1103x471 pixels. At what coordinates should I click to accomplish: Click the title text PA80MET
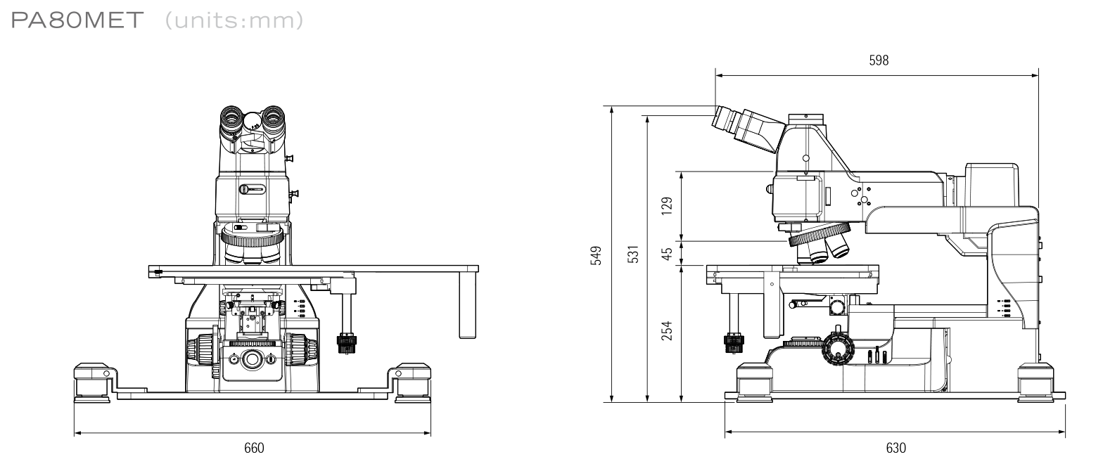(77, 20)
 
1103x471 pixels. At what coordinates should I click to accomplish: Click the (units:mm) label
(234, 21)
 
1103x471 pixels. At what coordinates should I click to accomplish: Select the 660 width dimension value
(254, 448)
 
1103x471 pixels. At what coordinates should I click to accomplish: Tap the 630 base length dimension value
(895, 448)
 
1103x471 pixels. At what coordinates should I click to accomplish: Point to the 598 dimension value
(879, 60)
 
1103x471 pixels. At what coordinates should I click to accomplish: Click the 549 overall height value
(597, 256)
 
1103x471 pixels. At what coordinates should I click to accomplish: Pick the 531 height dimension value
(633, 254)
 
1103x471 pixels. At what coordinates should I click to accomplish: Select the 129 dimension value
(667, 206)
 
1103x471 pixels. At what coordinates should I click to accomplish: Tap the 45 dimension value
(667, 254)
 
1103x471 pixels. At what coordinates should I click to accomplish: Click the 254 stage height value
(667, 330)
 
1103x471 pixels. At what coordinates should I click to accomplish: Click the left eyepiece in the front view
(231, 119)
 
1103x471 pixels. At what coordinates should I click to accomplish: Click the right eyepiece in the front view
(273, 119)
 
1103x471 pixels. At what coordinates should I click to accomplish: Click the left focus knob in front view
(200, 350)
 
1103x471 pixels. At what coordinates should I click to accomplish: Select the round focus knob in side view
(838, 349)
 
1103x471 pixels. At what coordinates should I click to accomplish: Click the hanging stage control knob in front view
(347, 344)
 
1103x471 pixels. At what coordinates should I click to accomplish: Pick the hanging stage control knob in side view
(734, 344)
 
